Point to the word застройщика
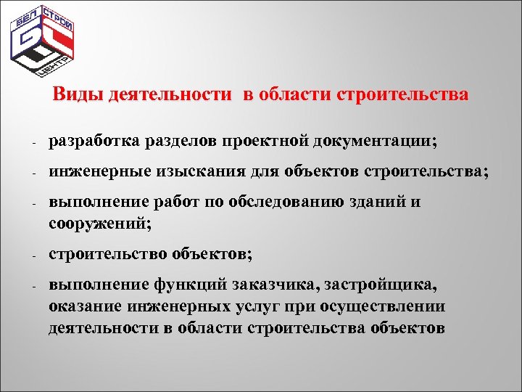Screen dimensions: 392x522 384,285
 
